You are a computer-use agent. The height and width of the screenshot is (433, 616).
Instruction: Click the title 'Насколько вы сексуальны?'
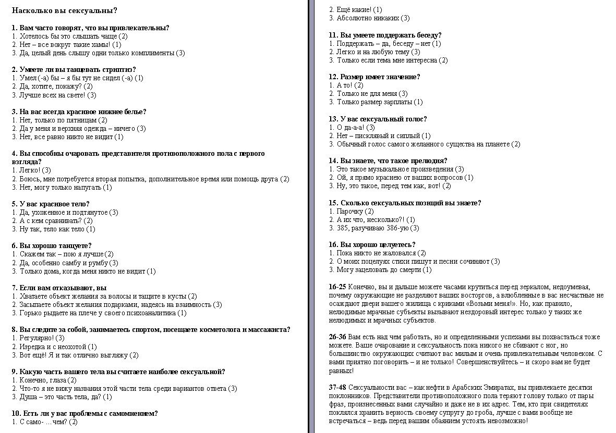[x=64, y=10]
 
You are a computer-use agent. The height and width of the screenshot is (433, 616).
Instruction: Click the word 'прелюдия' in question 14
[x=430, y=161]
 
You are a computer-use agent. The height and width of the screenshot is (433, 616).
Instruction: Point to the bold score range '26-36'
[x=337, y=337]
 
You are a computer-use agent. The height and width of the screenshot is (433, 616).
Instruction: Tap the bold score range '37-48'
[x=337, y=388]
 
